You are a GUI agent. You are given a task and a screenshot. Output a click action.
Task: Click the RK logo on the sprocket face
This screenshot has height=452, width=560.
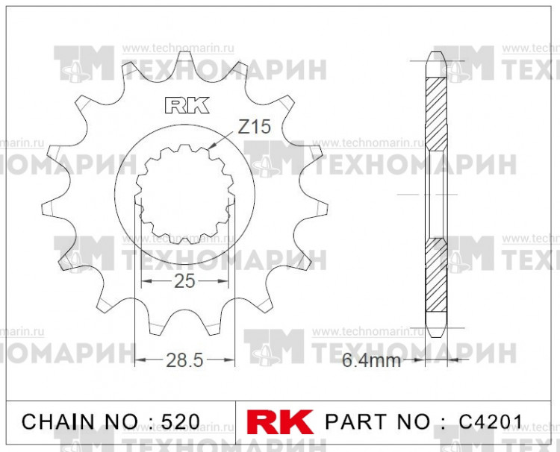coord(184,105)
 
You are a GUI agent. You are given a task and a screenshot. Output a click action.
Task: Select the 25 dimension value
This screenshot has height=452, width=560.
coord(184,281)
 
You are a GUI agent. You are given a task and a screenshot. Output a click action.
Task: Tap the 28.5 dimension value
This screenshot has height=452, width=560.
coord(184,360)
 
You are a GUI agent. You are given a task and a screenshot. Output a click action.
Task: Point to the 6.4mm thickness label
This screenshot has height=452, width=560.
coord(371,361)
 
